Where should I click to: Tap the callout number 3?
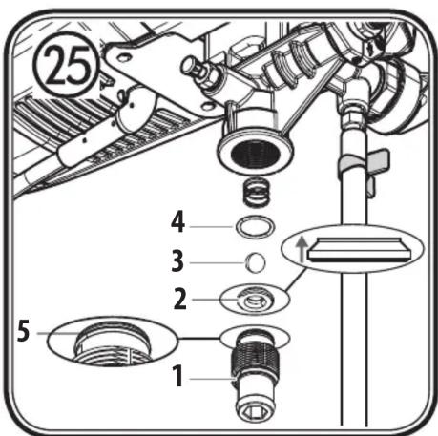(178, 260)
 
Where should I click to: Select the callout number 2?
(179, 298)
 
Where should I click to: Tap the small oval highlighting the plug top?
(254, 336)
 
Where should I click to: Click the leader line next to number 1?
(210, 380)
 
